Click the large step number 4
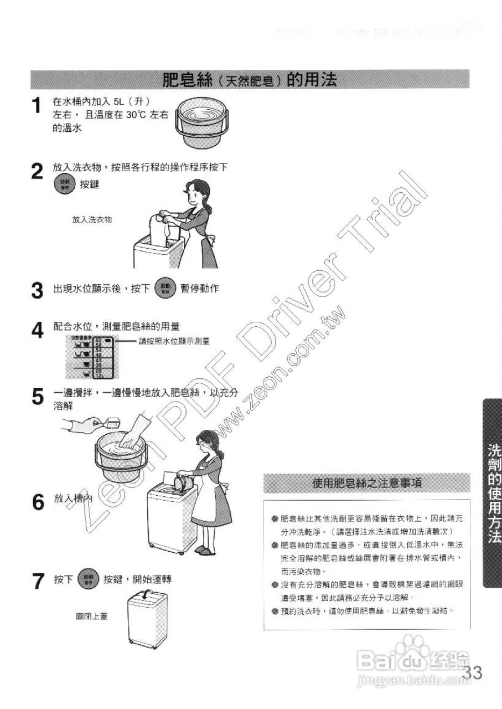pos(37,331)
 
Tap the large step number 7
pos(37,581)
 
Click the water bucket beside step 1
pos(203,125)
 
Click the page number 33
pos(473,674)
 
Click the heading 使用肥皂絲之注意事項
pos(367,483)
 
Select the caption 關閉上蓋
pos(91,616)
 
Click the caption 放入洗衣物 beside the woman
pos(92,220)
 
